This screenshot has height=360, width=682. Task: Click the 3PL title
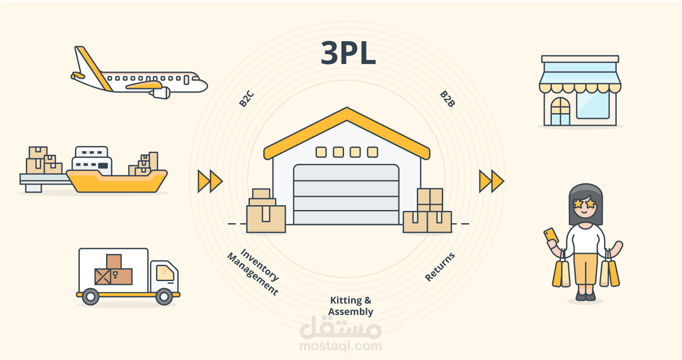tap(348, 53)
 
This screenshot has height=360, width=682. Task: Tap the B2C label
tap(246, 99)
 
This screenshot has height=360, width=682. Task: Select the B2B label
tap(447, 99)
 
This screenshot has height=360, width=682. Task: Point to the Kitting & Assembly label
tap(351, 306)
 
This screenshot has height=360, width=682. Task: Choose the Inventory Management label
tap(253, 272)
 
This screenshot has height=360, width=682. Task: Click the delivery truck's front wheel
tap(164, 297)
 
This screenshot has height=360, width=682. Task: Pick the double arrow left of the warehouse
tap(210, 181)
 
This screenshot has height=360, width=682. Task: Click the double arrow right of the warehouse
tap(491, 181)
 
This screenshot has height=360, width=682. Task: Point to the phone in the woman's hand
tap(551, 235)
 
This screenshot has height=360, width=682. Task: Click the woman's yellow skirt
tap(586, 268)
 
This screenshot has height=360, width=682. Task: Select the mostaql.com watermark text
tap(341, 346)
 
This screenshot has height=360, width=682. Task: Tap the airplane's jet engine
tap(160, 93)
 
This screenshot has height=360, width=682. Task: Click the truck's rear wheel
tap(91, 297)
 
